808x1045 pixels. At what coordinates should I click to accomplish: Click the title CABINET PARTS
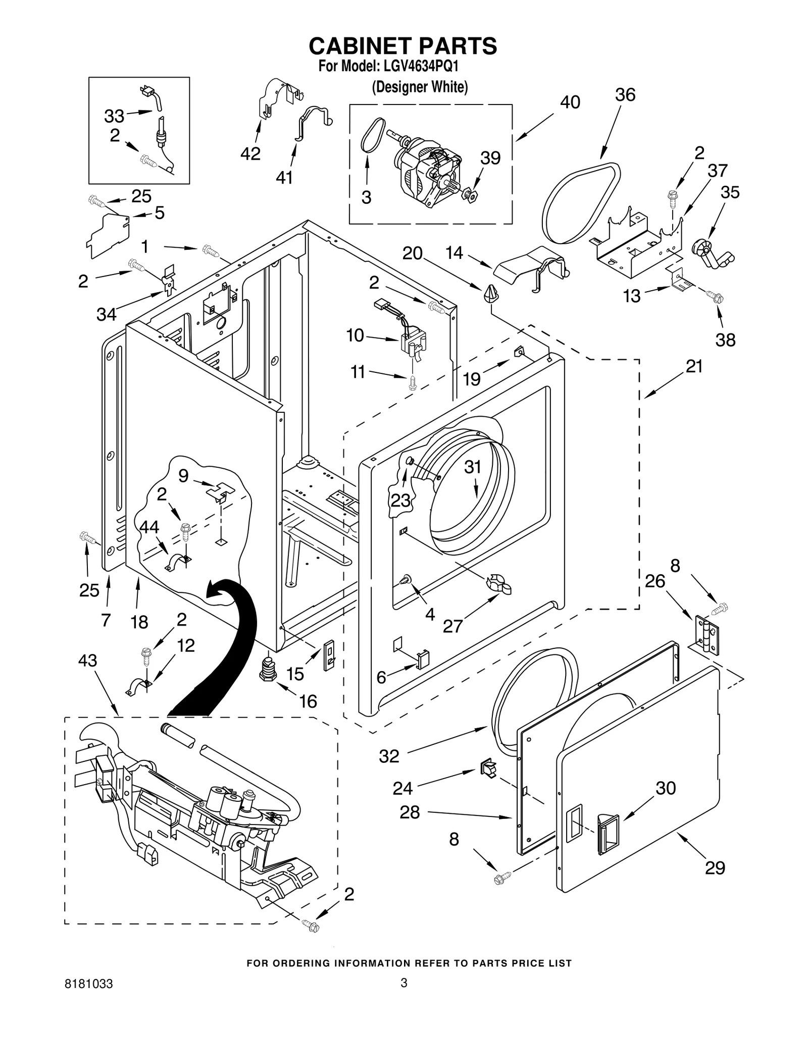[x=403, y=46]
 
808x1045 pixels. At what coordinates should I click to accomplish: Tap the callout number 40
[x=570, y=102]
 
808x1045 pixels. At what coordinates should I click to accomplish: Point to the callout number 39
[x=490, y=158]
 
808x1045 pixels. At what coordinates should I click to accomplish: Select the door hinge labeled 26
[x=706, y=636]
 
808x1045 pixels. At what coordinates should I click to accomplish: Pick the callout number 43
[x=87, y=660]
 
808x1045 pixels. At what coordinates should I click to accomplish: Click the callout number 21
[x=694, y=367]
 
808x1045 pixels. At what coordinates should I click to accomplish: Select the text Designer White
[x=420, y=87]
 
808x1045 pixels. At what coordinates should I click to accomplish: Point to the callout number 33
[x=114, y=116]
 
